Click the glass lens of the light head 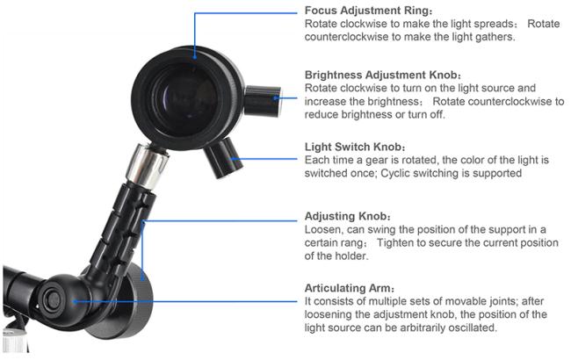click(x=185, y=99)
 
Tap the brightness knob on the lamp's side click(x=262, y=101)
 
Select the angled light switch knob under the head click(x=223, y=158)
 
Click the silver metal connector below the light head click(x=147, y=165)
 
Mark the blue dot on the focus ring click(x=195, y=56)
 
